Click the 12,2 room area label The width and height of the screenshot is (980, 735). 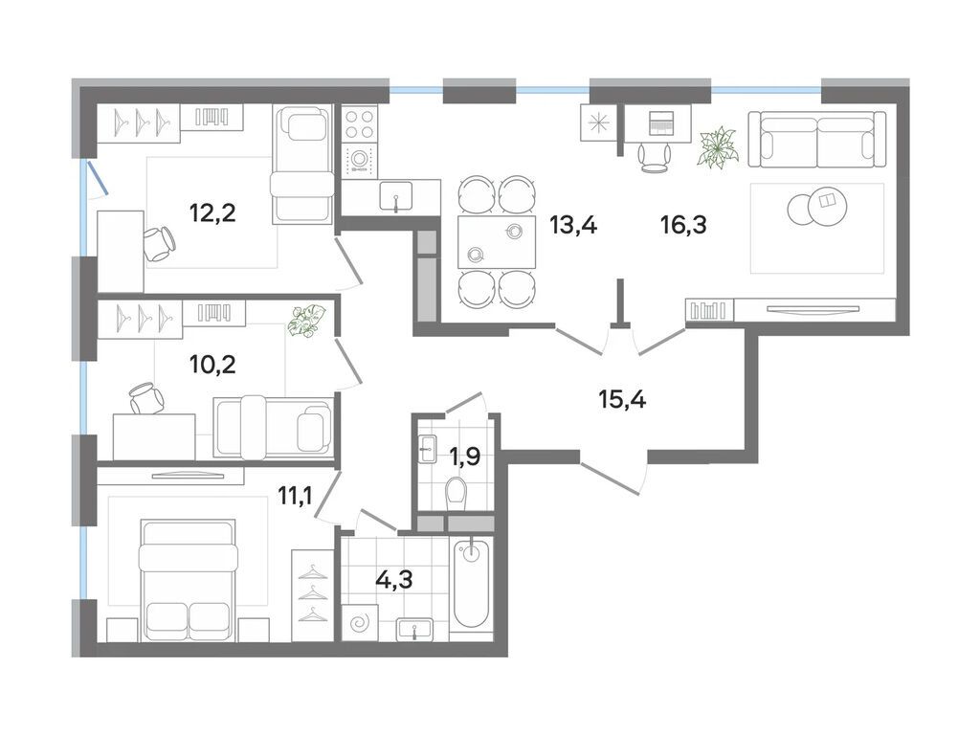212,213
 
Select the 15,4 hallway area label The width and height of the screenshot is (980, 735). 622,398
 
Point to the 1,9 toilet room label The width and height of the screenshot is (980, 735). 464,457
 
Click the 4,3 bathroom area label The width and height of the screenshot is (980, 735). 393,579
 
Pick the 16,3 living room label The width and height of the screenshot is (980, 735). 683,224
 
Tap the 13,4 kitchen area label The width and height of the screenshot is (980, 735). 573,224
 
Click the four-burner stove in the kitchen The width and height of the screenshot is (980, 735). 360,123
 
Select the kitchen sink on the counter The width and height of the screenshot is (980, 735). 395,195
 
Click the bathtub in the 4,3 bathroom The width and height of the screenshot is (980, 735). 471,583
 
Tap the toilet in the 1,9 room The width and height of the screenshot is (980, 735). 457,493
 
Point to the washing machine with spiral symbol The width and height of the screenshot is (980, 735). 360,622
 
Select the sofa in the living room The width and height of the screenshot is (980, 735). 817,140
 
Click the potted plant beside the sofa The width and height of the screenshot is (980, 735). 719,147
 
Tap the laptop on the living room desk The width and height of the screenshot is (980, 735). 659,122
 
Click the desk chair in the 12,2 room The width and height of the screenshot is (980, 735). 160,244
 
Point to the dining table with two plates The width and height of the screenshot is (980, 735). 497,242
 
